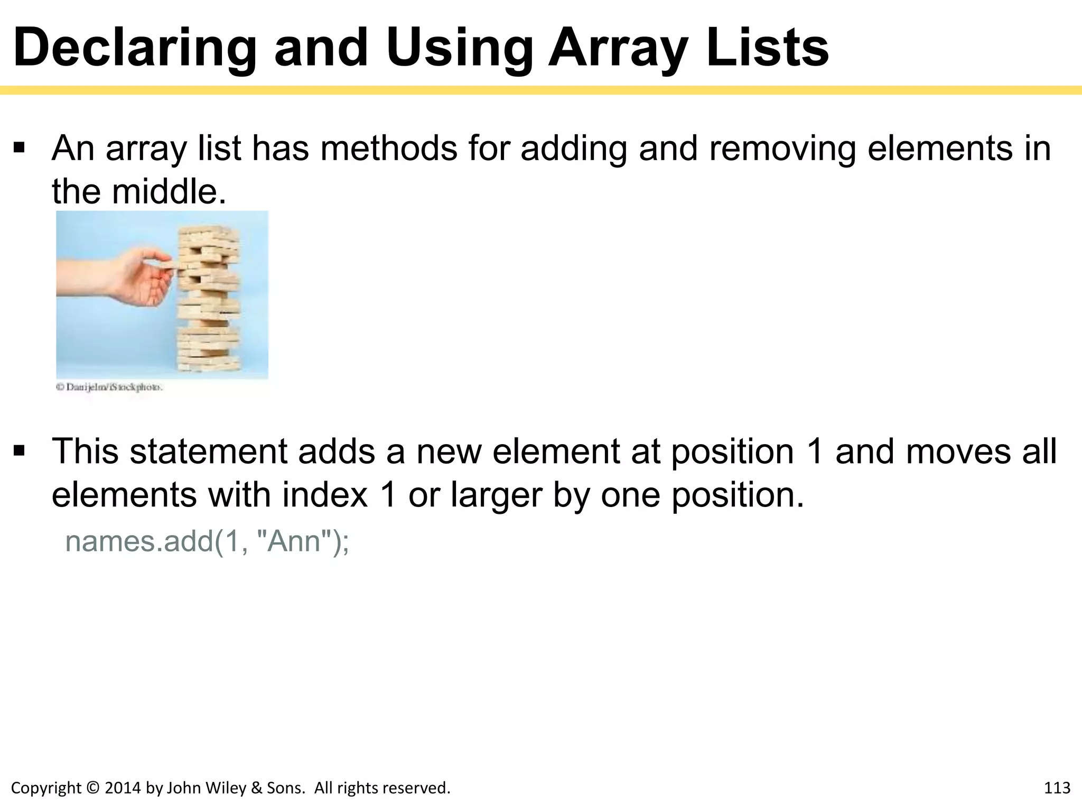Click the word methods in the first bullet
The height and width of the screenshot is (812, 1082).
click(x=388, y=149)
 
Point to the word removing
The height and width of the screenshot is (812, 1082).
click(x=782, y=149)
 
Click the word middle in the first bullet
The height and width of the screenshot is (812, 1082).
click(x=169, y=191)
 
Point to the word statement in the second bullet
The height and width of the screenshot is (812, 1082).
click(x=208, y=451)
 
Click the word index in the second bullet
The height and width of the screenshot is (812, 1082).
click(x=324, y=495)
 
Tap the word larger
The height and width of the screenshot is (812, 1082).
click(x=496, y=495)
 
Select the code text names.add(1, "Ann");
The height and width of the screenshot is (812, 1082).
click(x=207, y=541)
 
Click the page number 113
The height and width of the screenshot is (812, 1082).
click(x=1057, y=788)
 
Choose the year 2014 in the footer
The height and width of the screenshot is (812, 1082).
click(x=123, y=788)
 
